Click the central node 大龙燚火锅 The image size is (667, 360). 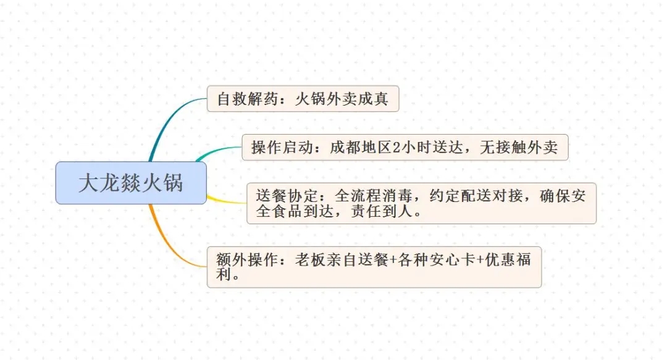pos(131,183)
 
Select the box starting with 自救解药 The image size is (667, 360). pos(303,99)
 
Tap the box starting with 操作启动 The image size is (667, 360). pos(405,147)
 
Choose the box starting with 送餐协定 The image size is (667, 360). pos(422,203)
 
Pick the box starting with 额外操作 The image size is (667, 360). pos(374,267)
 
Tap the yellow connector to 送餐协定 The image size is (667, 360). pos(225,201)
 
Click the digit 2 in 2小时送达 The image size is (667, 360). pos(396,148)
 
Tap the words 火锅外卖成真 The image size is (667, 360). pos(342,99)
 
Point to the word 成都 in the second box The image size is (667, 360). pos(345,148)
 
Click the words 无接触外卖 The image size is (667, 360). pos(519,148)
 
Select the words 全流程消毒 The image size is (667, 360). pos(374,196)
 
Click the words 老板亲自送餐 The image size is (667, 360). pos(342,259)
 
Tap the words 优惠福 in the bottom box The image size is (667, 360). pos(508,259)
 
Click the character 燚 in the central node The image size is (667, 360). pos(131,183)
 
